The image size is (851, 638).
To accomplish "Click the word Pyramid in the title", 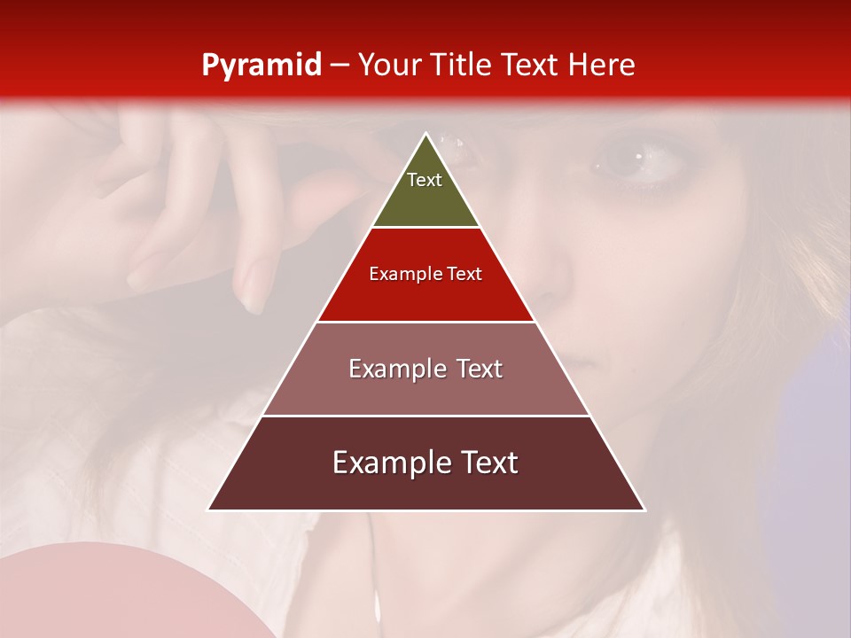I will (261, 66).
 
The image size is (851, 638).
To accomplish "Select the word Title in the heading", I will (464, 65).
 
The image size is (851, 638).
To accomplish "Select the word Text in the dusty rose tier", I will (476, 369).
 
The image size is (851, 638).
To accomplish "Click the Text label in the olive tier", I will (425, 180).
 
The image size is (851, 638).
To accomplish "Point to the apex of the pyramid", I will (425, 135).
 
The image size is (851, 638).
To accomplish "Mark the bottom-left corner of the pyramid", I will (209, 509).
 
